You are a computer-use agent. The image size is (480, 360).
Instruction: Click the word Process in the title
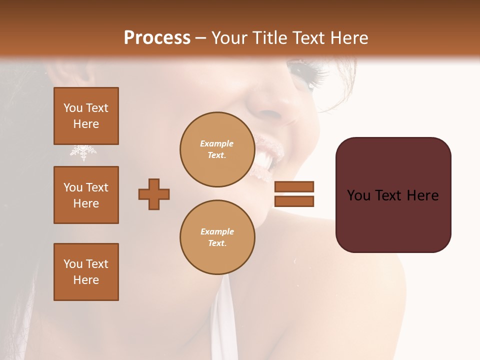tap(157, 37)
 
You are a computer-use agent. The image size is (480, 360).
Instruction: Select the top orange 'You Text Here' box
tap(86, 116)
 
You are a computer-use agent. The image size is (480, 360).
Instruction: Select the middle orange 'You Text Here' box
tap(86, 195)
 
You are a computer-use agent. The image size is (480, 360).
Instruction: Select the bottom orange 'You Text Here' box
tap(86, 272)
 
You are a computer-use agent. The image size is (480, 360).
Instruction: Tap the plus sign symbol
tap(154, 194)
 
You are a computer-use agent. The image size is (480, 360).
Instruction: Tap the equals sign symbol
tap(294, 194)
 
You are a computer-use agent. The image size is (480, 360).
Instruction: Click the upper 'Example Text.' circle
tap(217, 149)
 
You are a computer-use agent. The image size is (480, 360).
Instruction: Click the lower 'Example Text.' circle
tap(217, 237)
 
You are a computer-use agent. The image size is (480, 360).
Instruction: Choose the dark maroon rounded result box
tap(393, 195)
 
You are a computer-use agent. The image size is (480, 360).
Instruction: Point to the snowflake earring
tap(83, 152)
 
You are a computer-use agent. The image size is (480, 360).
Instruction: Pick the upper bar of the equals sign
tap(294, 186)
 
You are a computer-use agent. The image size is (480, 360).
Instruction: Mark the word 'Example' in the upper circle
tap(217, 143)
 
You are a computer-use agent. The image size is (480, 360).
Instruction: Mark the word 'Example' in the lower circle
tap(217, 231)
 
